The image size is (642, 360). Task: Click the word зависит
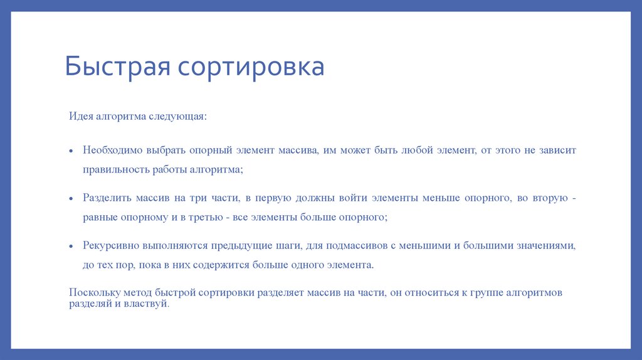554,151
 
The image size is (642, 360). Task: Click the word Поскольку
93,293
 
